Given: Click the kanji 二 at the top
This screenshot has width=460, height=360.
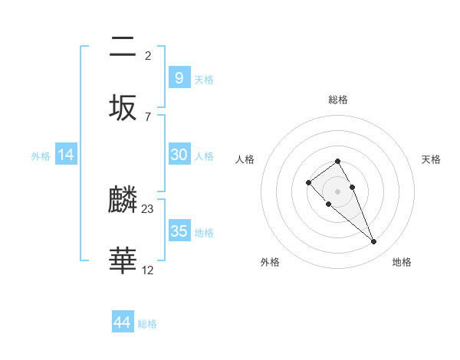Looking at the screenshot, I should click(123, 47).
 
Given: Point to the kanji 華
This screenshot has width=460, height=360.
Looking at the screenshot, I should click(123, 260).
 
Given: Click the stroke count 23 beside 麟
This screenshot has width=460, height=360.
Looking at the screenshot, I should click(148, 209).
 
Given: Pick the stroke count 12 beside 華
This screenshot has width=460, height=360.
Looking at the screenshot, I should click(148, 270).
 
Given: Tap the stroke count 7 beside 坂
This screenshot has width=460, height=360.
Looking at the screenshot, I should click(148, 116).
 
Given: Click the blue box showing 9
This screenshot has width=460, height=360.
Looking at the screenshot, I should click(179, 77).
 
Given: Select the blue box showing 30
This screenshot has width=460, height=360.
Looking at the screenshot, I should click(179, 155).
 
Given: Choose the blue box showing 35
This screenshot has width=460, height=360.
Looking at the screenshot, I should click(179, 231).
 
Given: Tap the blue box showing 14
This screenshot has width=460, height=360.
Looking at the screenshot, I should click(66, 155).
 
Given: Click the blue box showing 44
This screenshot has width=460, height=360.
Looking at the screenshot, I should click(122, 322).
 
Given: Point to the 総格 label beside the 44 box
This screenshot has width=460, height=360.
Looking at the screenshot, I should click(147, 324).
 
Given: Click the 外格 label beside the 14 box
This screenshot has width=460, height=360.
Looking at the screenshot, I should click(41, 156).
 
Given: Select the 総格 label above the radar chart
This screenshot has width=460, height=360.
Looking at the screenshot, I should click(337, 100).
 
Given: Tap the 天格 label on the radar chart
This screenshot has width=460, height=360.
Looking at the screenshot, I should click(431, 159).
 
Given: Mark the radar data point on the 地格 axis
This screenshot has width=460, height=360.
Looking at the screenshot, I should click(374, 242).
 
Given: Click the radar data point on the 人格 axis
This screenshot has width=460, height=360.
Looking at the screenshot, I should click(308, 182).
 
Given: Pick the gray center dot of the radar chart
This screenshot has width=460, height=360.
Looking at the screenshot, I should click(337, 191).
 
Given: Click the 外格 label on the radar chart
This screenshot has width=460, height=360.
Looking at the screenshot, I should click(270, 262).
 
